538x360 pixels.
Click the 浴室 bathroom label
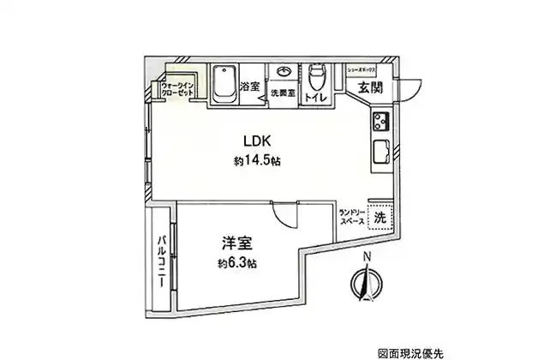[x=249, y=87]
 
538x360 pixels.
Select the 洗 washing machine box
[x=380, y=218]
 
